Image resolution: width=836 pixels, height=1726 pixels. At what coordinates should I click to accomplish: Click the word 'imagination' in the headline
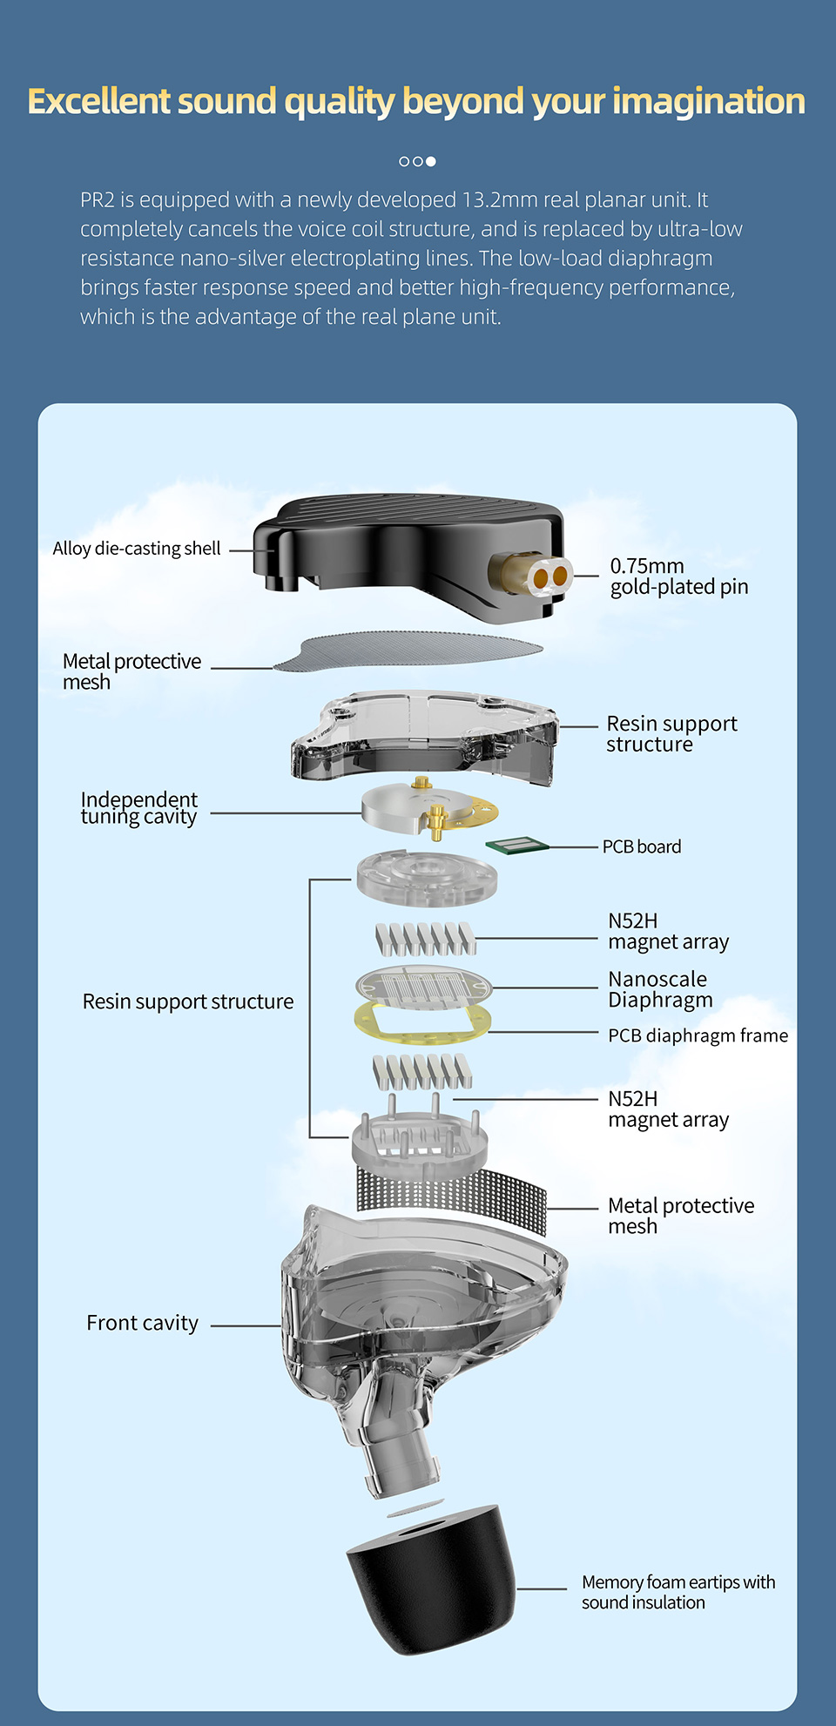[708, 102]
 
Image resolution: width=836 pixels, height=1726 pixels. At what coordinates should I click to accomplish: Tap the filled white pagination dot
[431, 161]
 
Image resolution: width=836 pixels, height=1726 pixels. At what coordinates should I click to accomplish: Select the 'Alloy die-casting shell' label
[137, 549]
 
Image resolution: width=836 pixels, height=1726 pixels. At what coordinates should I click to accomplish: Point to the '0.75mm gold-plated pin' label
[678, 576]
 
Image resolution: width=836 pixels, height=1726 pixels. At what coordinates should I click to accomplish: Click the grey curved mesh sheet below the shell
[409, 652]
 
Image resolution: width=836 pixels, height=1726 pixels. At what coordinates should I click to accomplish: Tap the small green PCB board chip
[516, 845]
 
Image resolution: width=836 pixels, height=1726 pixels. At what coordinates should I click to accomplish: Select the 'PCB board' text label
[642, 846]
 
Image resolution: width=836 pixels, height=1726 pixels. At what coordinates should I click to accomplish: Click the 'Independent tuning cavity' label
[138, 808]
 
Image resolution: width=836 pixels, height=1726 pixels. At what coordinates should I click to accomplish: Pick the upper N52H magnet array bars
[426, 939]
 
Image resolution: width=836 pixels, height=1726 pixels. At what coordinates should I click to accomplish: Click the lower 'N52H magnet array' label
[668, 1109]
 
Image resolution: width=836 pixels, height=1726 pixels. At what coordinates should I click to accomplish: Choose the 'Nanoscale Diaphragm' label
[660, 990]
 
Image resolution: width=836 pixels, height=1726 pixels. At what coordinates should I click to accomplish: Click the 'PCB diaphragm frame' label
[698, 1035]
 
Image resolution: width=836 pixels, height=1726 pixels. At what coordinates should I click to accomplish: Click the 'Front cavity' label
[143, 1324]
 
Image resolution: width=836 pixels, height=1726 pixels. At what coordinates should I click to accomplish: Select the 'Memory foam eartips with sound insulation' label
[678, 1592]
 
